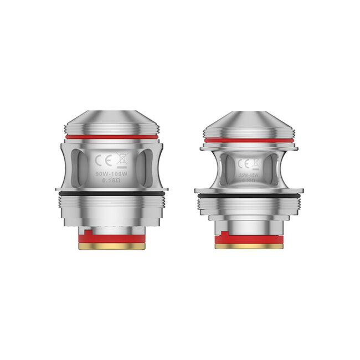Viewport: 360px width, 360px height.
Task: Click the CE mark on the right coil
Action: pyautogui.click(x=243, y=164)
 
